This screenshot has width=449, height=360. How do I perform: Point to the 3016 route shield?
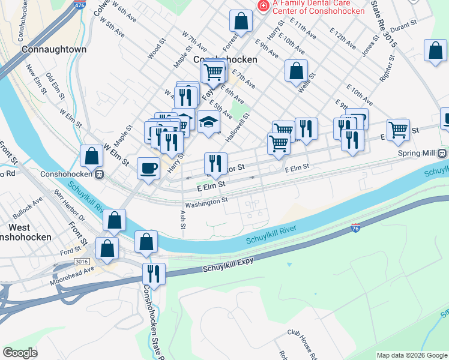(80, 262)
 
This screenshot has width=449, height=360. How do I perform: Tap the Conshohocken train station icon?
(101, 175)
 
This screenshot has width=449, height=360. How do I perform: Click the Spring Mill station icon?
(442, 153)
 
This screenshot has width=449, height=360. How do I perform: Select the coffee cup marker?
(148, 168)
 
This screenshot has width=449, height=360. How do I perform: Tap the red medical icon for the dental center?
(262, 5)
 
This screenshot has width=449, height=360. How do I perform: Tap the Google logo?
(20, 352)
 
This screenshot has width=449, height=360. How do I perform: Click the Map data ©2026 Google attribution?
(411, 355)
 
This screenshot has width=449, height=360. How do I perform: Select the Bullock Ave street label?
(28, 211)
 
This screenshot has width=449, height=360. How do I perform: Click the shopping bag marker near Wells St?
(297, 71)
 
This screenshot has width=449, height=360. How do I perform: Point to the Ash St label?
(182, 219)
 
